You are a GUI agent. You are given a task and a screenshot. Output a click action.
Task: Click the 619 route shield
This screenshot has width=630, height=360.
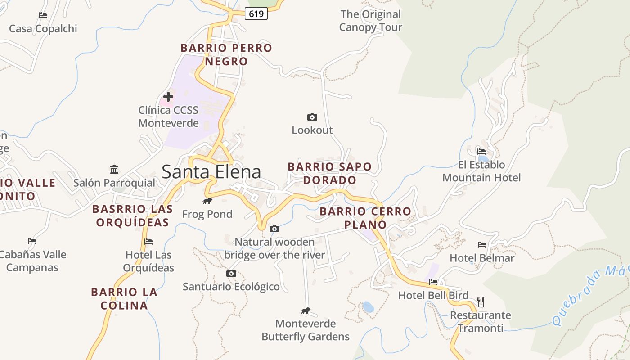pyautogui.click(x=256, y=14)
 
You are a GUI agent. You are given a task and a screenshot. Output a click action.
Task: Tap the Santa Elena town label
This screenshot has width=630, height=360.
pyautogui.click(x=211, y=172)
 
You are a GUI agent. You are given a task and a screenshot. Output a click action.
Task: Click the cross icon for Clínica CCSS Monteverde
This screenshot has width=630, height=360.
pyautogui.click(x=168, y=96)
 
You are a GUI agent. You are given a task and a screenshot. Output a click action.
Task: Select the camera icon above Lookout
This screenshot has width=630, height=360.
pyautogui.click(x=312, y=117)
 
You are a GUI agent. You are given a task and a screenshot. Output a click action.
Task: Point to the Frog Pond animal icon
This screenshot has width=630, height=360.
pyautogui.click(x=207, y=201)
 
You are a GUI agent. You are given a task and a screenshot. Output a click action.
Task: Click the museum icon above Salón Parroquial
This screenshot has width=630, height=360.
pyautogui.click(x=114, y=170)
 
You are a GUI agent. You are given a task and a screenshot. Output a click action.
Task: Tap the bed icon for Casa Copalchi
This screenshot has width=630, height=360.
pyautogui.click(x=43, y=15)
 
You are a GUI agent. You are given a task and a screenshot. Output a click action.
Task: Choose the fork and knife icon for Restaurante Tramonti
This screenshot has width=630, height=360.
pyautogui.click(x=481, y=301)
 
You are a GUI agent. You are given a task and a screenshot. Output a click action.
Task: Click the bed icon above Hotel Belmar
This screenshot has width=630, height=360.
pyautogui.click(x=482, y=245)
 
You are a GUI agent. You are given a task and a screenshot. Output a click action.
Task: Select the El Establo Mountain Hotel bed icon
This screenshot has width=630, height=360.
pyautogui.click(x=481, y=152)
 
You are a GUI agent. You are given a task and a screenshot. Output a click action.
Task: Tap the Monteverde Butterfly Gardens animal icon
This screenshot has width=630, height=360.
pyautogui.click(x=306, y=310)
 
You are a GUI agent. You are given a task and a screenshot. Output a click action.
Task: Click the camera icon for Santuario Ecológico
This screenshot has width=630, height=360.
pyautogui.click(x=231, y=273)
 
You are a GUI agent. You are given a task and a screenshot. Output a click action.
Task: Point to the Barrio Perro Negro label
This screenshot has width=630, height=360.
pyautogui.click(x=226, y=54)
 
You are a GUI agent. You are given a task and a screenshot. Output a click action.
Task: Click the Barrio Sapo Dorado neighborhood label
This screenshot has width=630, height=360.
pyautogui.click(x=330, y=173)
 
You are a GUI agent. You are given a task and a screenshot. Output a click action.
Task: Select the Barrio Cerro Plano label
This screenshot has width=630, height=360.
pyautogui.click(x=365, y=218)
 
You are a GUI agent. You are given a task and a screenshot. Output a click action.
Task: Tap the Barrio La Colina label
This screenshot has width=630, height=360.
pyautogui.click(x=124, y=298)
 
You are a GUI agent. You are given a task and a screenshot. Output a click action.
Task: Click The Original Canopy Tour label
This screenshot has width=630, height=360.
pyautogui.click(x=370, y=21)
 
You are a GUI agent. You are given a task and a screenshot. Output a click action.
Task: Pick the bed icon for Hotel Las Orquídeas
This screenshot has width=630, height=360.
pyautogui.click(x=148, y=242)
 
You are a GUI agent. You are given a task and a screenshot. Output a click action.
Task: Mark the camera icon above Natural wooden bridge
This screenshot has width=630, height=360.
pyautogui.click(x=274, y=229)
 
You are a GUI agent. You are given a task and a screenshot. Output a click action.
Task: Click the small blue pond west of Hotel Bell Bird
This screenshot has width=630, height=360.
pyautogui.click(x=368, y=307)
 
